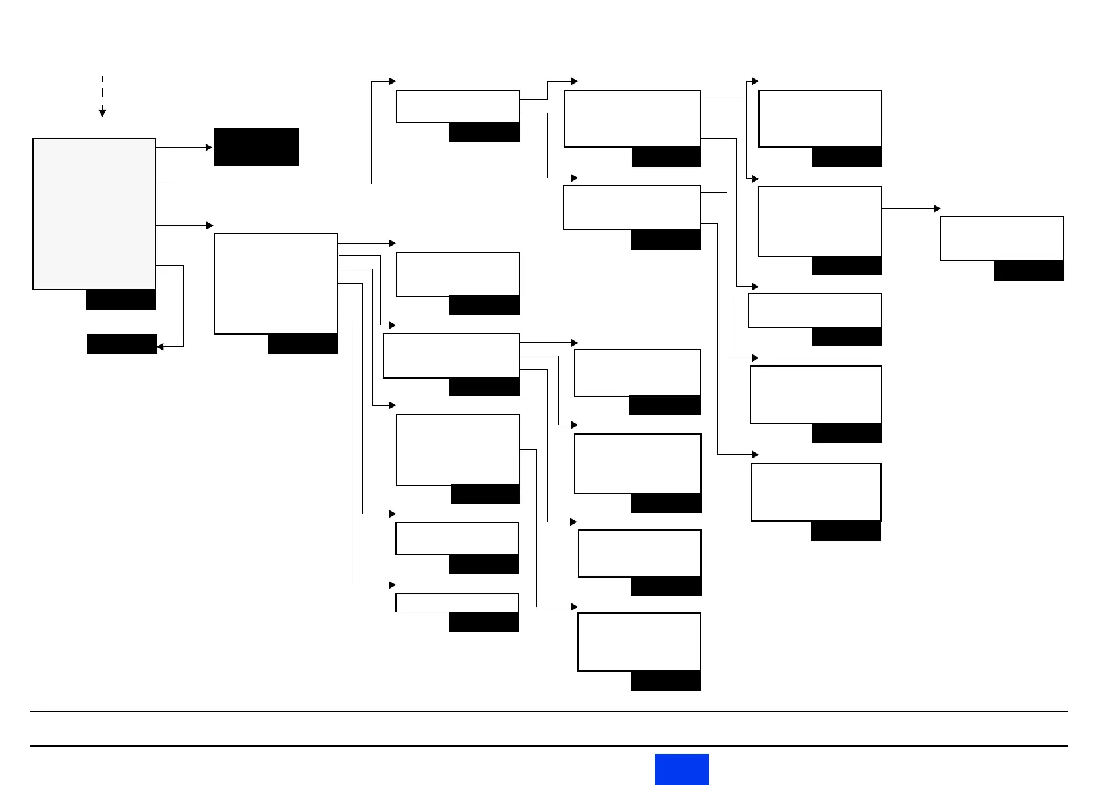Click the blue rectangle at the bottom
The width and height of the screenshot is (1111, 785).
681,769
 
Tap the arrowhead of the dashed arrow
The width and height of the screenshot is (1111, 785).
102,113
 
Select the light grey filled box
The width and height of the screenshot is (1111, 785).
94,214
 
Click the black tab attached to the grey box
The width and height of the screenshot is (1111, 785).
121,300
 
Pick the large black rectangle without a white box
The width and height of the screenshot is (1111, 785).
256,147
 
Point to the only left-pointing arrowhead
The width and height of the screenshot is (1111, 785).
160,346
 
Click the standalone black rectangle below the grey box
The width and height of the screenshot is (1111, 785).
122,344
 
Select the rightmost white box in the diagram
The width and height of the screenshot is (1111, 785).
1002,238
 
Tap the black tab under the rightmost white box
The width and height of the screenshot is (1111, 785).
1029,271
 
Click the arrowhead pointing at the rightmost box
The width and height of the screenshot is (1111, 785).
937,209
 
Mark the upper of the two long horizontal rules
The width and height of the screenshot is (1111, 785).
548,711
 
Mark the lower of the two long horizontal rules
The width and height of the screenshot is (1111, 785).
548,746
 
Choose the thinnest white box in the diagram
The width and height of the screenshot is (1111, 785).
457,603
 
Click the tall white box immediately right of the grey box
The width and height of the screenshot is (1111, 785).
276,283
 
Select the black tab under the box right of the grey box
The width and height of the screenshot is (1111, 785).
303,344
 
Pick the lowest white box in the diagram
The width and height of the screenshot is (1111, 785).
639,642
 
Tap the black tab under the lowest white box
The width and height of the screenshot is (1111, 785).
666,681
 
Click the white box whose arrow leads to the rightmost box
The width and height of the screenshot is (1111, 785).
820,221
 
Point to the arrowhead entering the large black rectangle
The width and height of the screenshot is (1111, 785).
210,148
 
